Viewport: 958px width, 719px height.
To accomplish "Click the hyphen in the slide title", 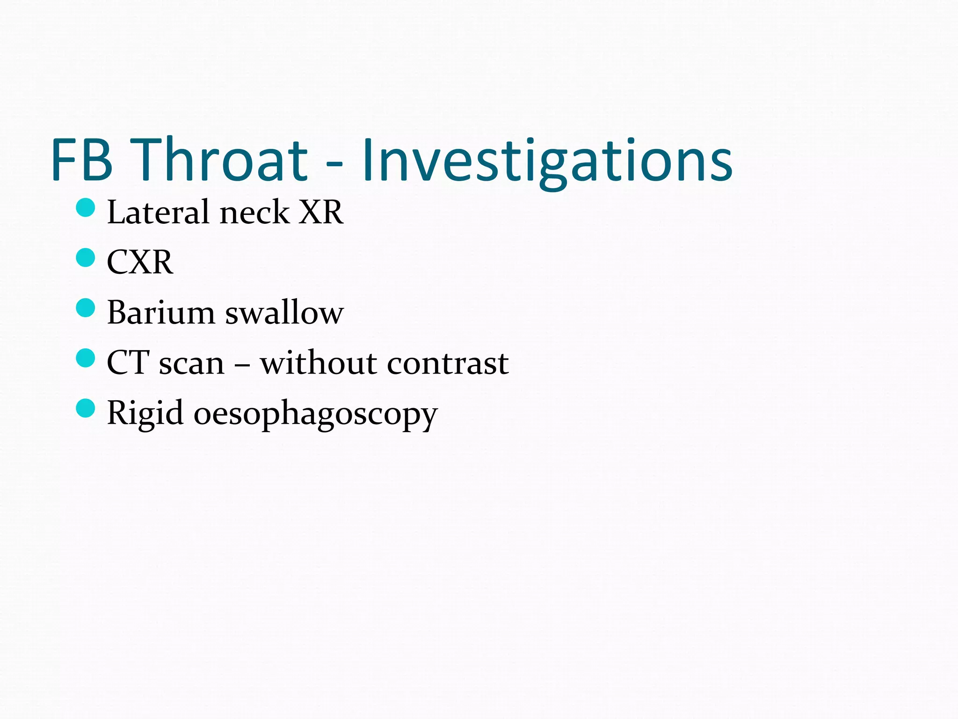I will [334, 164].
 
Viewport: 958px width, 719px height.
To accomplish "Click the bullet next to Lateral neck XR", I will [86, 207].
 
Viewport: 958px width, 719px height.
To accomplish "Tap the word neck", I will [254, 213].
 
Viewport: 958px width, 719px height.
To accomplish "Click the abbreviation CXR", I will [140, 262].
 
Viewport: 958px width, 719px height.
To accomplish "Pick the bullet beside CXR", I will [86, 257].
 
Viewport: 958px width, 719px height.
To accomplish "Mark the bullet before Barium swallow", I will [86, 308].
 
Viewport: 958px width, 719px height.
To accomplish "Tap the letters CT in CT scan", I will [128, 363].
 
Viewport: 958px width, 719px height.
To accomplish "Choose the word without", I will [319, 363].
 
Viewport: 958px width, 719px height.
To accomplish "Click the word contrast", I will [448, 363].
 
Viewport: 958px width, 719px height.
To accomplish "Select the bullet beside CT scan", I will [86, 359].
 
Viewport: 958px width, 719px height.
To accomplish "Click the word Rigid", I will [145, 414].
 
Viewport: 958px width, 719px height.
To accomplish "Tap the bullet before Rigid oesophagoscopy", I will [86, 408].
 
